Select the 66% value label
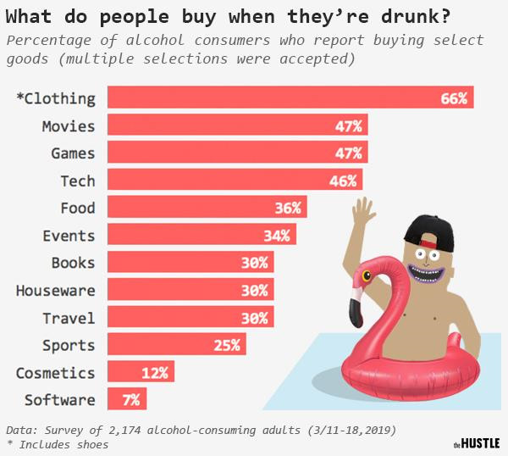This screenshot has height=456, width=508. pos(454,98)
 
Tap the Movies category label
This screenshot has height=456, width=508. pos(69,126)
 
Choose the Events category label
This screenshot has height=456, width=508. pos(69,236)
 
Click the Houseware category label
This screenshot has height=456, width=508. pos(55,291)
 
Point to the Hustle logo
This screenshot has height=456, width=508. pos(476,442)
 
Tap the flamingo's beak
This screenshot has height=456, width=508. pos(357,297)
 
